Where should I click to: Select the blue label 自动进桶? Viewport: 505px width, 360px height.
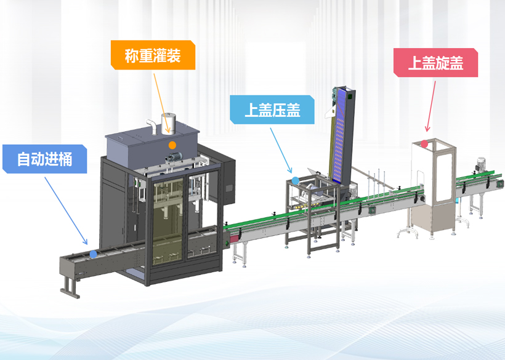[44, 158]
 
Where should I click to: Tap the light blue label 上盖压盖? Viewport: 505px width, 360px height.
[272, 110]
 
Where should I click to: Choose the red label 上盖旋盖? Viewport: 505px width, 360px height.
[435, 62]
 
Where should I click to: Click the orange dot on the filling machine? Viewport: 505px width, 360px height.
[172, 145]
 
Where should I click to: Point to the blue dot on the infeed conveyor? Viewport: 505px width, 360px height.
[92, 253]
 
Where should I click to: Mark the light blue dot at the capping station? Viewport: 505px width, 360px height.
[295, 180]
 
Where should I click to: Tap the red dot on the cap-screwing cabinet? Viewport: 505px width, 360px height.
[424, 144]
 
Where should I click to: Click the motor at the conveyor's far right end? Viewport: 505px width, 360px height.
[481, 165]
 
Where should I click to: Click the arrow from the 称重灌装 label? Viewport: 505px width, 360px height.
[161, 98]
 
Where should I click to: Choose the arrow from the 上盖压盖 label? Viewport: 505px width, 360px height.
[282, 148]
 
